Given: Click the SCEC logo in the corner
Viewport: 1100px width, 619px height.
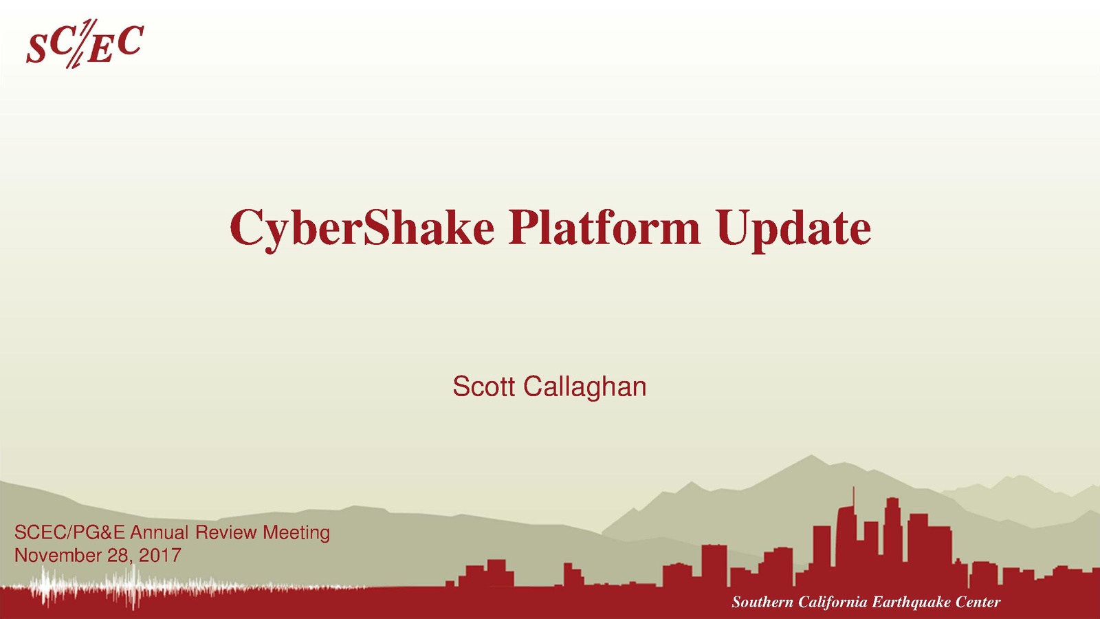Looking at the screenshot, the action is pyautogui.click(x=85, y=43).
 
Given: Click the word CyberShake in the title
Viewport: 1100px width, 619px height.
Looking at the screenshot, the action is pyautogui.click(x=362, y=229).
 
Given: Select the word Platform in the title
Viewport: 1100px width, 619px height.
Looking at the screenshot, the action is pyautogui.click(x=604, y=226).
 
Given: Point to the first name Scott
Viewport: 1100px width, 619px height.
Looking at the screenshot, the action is pyautogui.click(x=484, y=387).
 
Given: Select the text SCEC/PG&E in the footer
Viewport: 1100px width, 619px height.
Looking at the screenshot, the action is pyautogui.click(x=69, y=532).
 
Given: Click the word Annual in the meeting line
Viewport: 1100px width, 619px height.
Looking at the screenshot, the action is pyautogui.click(x=159, y=532).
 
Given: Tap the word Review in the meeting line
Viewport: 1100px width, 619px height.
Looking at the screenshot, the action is pyautogui.click(x=226, y=532).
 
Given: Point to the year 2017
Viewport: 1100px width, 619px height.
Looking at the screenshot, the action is pyautogui.click(x=160, y=556).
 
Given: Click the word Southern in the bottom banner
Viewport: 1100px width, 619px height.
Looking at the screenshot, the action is pyautogui.click(x=762, y=602).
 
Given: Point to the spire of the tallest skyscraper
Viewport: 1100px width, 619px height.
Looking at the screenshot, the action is pyautogui.click(x=853, y=495).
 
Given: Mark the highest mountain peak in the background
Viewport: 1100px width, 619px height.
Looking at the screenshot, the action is pyautogui.click(x=811, y=456).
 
